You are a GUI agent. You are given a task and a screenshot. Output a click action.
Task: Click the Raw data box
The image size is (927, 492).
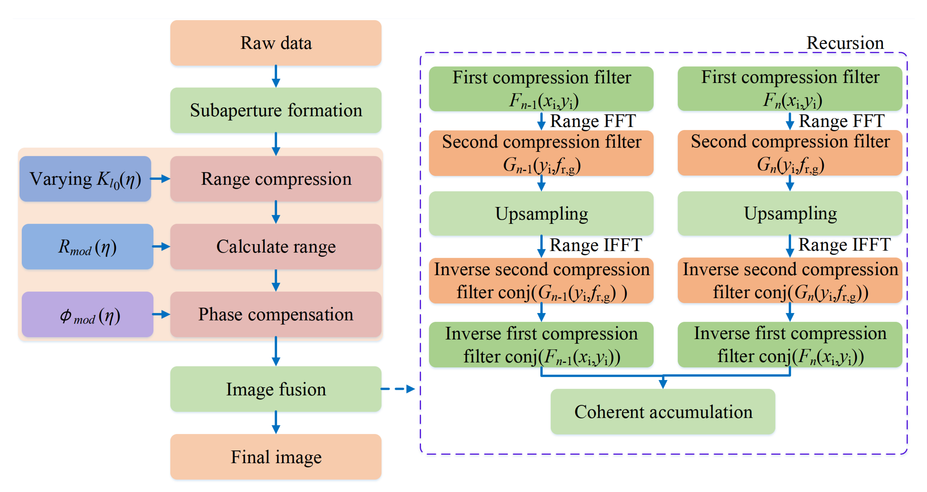(276, 43)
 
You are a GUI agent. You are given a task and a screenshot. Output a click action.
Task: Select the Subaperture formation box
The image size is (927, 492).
(276, 110)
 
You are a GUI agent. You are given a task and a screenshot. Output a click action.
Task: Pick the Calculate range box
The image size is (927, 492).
(276, 247)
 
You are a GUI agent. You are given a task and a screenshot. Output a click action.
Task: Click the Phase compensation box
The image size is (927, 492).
(276, 314)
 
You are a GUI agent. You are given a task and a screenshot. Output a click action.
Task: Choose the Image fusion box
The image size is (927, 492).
(276, 389)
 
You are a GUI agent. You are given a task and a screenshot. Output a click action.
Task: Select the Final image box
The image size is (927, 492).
(276, 457)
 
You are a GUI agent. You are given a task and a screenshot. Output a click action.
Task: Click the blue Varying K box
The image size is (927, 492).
(85, 179)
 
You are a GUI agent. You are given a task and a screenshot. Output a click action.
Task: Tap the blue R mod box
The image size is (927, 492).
(87, 247)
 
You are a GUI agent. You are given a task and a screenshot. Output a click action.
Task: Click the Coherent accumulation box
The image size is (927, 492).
(663, 411)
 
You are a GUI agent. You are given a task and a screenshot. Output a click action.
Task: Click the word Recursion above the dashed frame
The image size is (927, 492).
(845, 43)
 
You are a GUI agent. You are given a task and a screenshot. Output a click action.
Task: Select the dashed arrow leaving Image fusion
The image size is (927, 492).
(398, 389)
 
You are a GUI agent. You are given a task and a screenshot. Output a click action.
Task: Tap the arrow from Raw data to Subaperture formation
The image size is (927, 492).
(276, 76)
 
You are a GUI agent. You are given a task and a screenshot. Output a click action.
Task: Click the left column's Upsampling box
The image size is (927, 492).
(541, 214)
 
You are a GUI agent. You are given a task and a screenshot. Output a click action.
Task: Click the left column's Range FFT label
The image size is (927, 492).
(593, 121)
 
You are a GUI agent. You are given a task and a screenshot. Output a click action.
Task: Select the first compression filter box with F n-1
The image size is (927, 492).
(541, 89)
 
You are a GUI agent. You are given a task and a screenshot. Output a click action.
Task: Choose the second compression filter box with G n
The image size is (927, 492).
(790, 153)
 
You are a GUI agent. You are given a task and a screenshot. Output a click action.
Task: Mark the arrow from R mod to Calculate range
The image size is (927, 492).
(161, 247)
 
